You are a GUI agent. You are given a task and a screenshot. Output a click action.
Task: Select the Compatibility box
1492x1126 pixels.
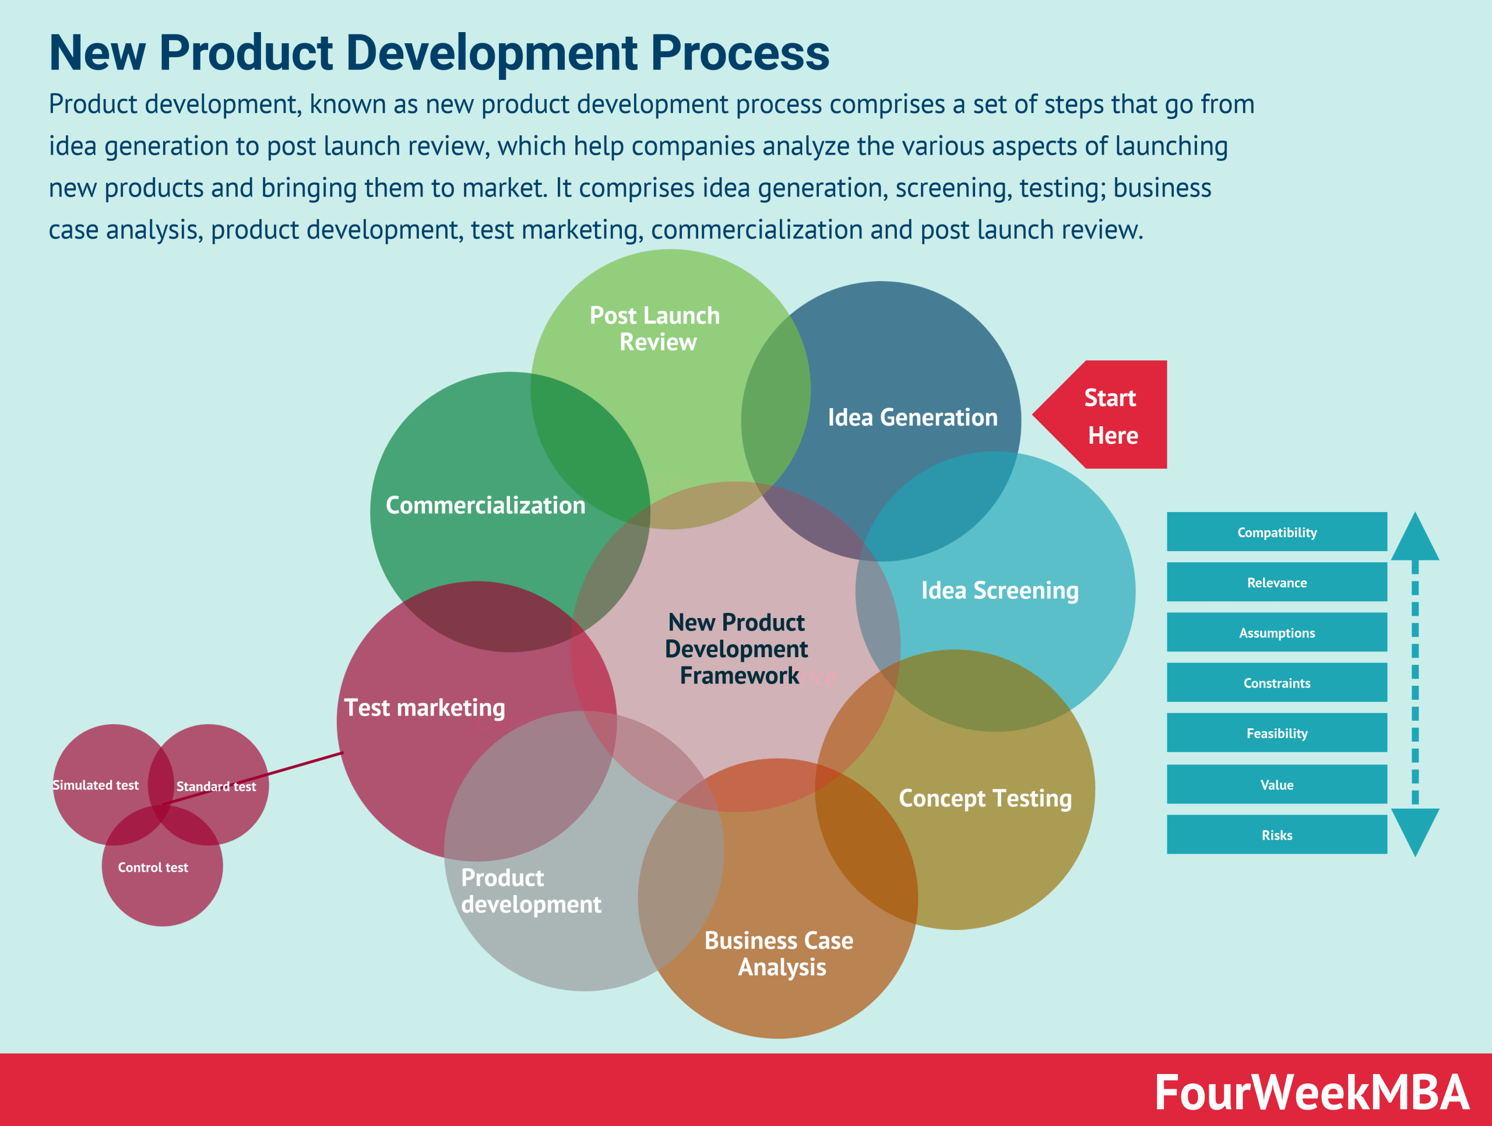point(1276,532)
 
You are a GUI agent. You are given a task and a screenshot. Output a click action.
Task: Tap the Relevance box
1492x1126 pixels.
point(1276,582)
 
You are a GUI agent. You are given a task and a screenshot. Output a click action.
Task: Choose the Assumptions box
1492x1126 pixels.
point(1276,633)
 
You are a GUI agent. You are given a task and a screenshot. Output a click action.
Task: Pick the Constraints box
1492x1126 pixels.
point(1276,683)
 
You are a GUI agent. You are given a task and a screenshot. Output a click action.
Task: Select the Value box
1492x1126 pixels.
point(1276,785)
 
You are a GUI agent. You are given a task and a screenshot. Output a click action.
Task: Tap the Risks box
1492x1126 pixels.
point(1276,835)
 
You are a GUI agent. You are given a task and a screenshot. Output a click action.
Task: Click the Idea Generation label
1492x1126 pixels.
point(912,418)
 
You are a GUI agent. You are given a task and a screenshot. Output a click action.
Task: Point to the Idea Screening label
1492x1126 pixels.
point(1000,590)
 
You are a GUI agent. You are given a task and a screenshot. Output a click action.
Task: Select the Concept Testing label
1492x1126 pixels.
point(985,798)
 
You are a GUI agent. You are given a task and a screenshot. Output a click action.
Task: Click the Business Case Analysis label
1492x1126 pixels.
point(779,953)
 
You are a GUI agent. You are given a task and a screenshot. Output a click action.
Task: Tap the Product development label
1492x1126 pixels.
point(531,890)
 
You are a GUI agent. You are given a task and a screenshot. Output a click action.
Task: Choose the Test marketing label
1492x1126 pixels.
point(424,708)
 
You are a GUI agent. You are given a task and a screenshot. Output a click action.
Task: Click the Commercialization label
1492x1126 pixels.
point(485,506)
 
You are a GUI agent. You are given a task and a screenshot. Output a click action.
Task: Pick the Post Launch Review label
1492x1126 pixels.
point(655,328)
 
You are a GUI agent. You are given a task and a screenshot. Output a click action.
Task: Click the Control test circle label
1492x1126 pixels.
point(153,868)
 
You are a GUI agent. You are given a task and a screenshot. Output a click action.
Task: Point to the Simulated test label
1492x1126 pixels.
point(95,785)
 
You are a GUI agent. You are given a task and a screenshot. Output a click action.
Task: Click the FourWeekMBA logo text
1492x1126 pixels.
point(1311,1092)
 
